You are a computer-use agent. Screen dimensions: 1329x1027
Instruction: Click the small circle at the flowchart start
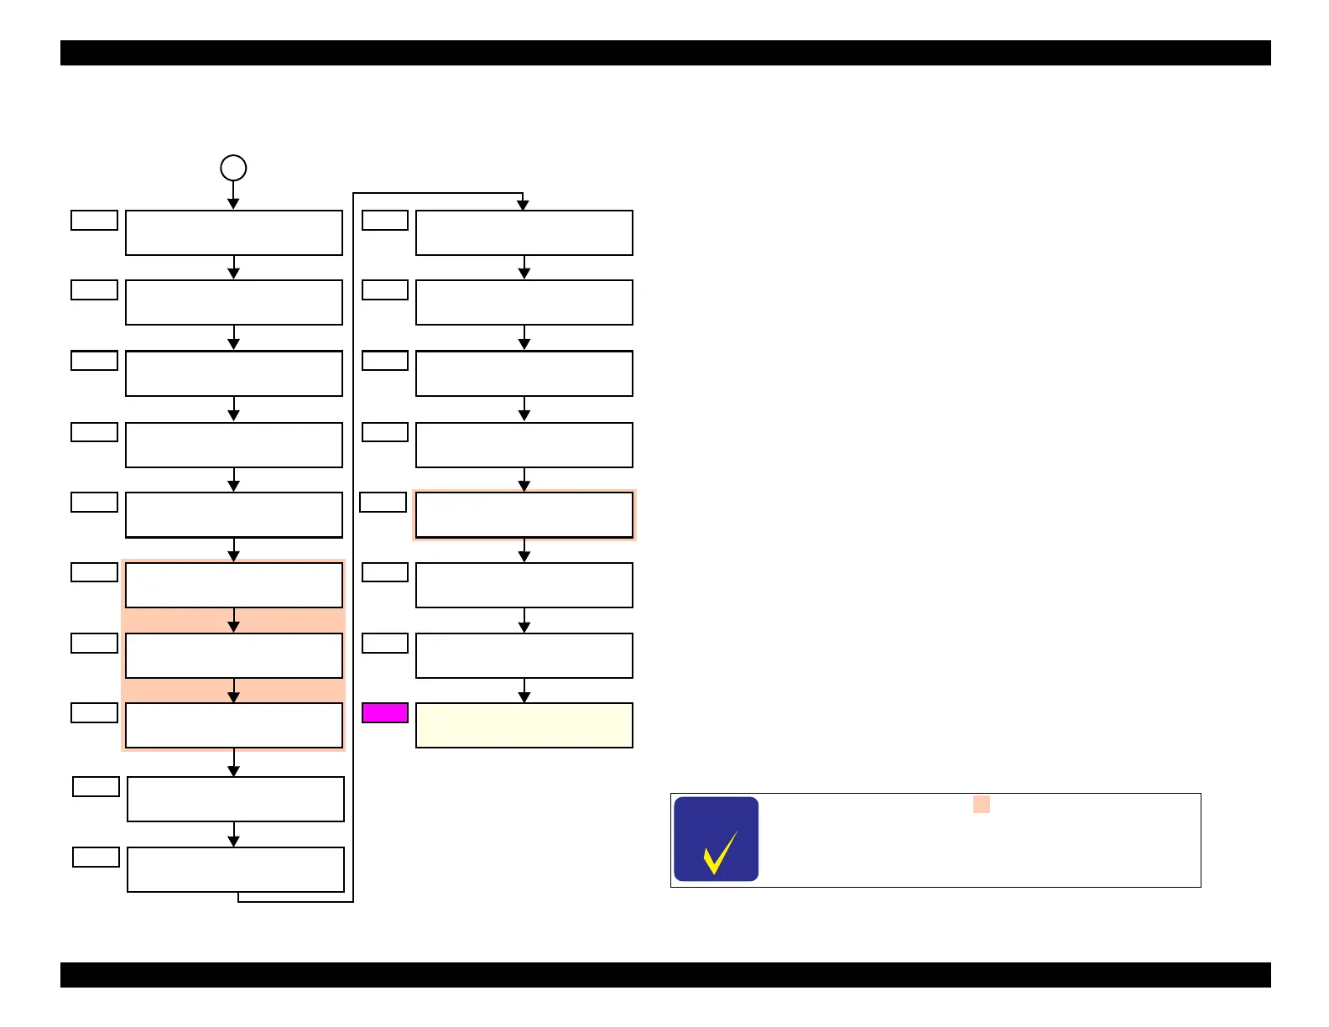click(233, 168)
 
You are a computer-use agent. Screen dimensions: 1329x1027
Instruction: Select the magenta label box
click(385, 713)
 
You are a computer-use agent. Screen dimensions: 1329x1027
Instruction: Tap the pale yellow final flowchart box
click(524, 725)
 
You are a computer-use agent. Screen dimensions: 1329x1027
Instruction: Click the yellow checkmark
click(719, 852)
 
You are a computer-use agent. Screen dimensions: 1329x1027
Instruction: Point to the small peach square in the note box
click(981, 805)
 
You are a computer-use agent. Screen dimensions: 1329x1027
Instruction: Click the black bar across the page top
click(665, 53)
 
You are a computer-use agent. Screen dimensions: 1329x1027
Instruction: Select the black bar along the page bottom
click(665, 975)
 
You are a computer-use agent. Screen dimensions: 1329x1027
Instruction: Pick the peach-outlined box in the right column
click(524, 515)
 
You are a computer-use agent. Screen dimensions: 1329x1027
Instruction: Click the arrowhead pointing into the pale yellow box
click(524, 697)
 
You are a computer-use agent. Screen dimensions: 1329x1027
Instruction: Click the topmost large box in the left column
click(234, 232)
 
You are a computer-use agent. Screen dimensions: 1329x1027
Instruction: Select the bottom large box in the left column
click(236, 869)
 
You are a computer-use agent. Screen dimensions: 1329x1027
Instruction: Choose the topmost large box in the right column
click(524, 232)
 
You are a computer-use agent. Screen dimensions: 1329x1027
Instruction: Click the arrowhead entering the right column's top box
click(523, 205)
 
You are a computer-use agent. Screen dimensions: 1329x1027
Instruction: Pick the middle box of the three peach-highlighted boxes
click(234, 655)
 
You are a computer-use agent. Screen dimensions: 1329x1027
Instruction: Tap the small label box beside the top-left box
click(94, 220)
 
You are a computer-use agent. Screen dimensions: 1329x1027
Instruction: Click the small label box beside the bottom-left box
click(96, 857)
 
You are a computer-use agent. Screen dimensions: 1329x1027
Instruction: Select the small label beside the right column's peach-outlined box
click(383, 502)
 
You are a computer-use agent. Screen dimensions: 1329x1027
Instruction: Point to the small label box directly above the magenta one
click(385, 643)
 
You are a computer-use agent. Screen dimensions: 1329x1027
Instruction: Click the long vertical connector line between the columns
click(353, 545)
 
